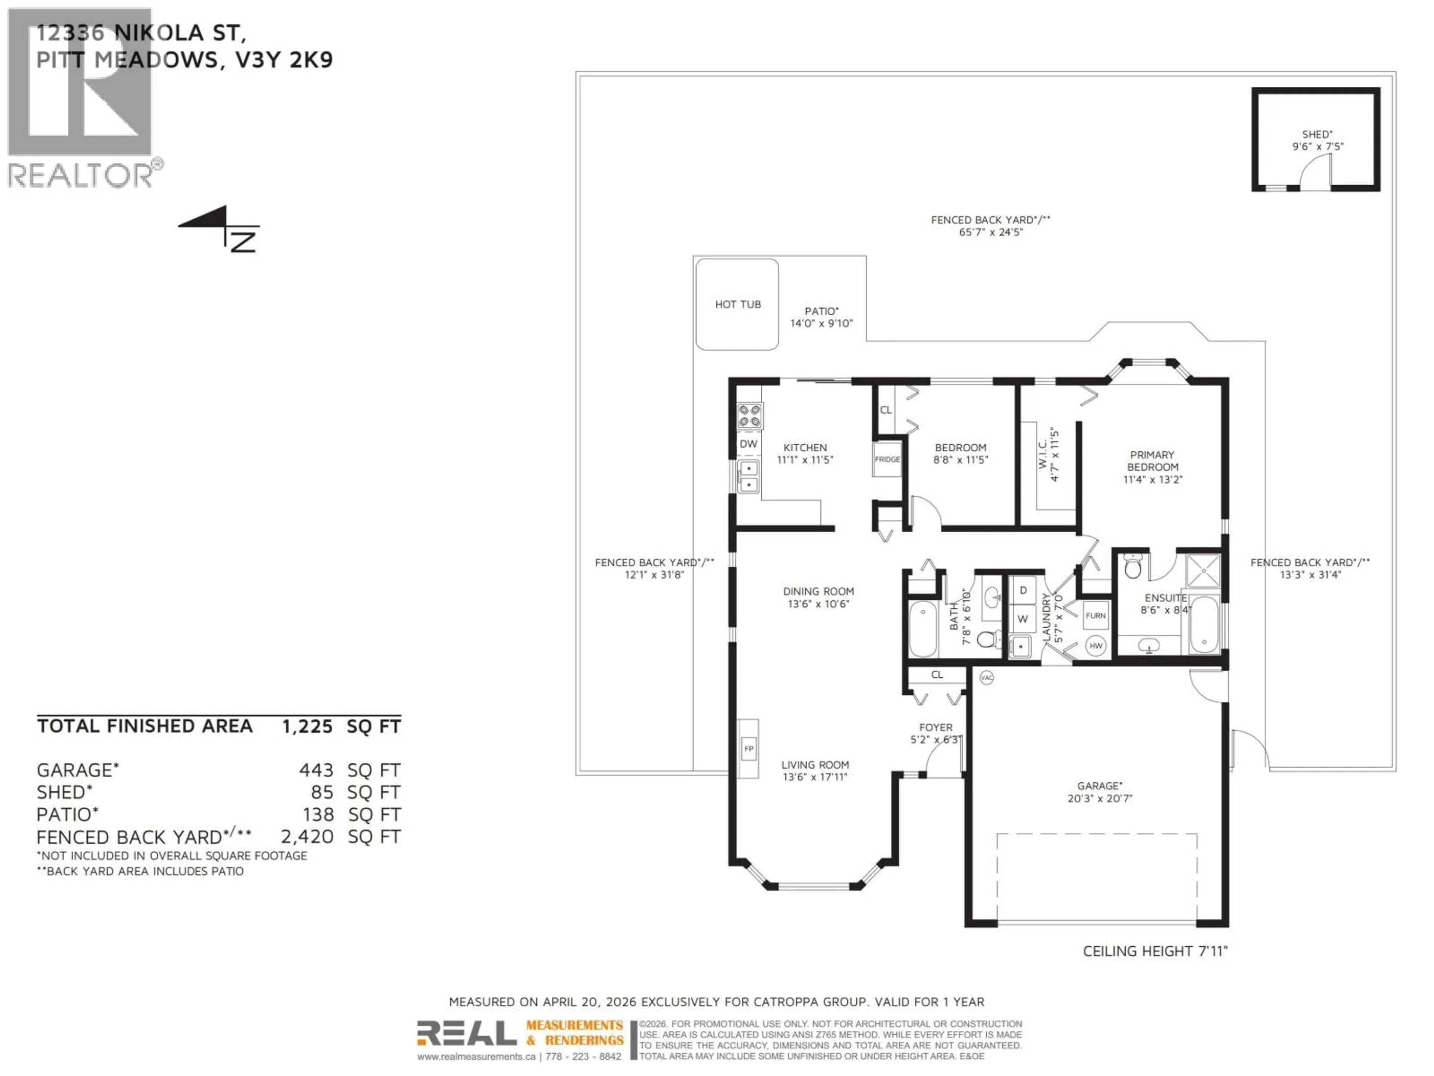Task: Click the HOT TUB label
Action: coord(738,304)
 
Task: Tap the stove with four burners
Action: coord(749,416)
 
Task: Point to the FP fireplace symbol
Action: coord(749,748)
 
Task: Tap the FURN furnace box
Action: coord(1096,615)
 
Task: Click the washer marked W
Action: coord(1023,619)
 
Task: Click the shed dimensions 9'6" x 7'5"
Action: coord(1317,146)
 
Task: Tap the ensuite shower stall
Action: coord(1202,571)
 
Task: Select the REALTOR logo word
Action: coord(81,175)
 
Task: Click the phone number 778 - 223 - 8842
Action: coord(583,1057)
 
